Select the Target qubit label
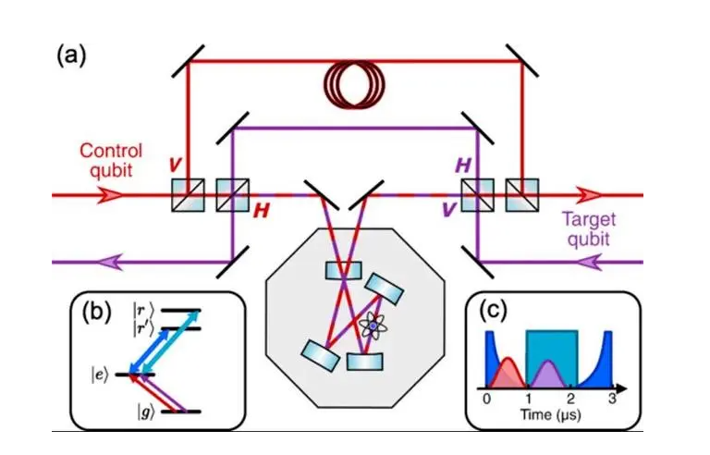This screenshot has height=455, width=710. (591, 228)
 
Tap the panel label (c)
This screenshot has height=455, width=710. (497, 313)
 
